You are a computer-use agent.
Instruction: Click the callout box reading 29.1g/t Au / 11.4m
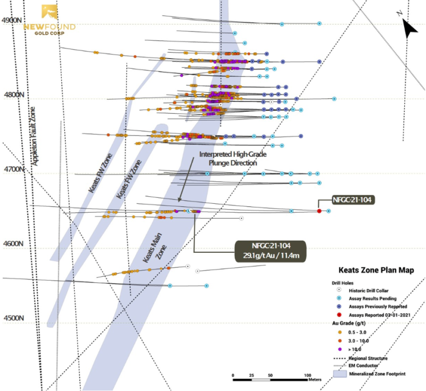[x=270, y=250]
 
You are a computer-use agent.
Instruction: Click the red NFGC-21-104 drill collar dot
[x=319, y=211]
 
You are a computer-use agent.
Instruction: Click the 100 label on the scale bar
[x=307, y=376]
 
